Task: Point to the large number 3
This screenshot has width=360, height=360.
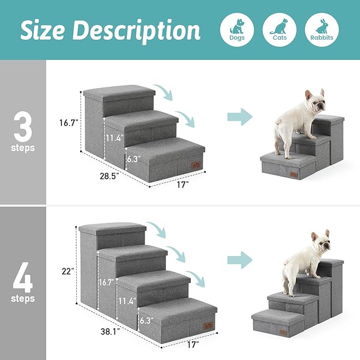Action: [23, 124]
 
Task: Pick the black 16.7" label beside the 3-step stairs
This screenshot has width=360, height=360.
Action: [69, 122]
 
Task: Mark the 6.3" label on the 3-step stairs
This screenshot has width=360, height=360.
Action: [133, 157]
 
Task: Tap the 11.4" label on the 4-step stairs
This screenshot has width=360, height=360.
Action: [127, 301]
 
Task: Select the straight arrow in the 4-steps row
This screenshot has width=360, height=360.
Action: [240, 260]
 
